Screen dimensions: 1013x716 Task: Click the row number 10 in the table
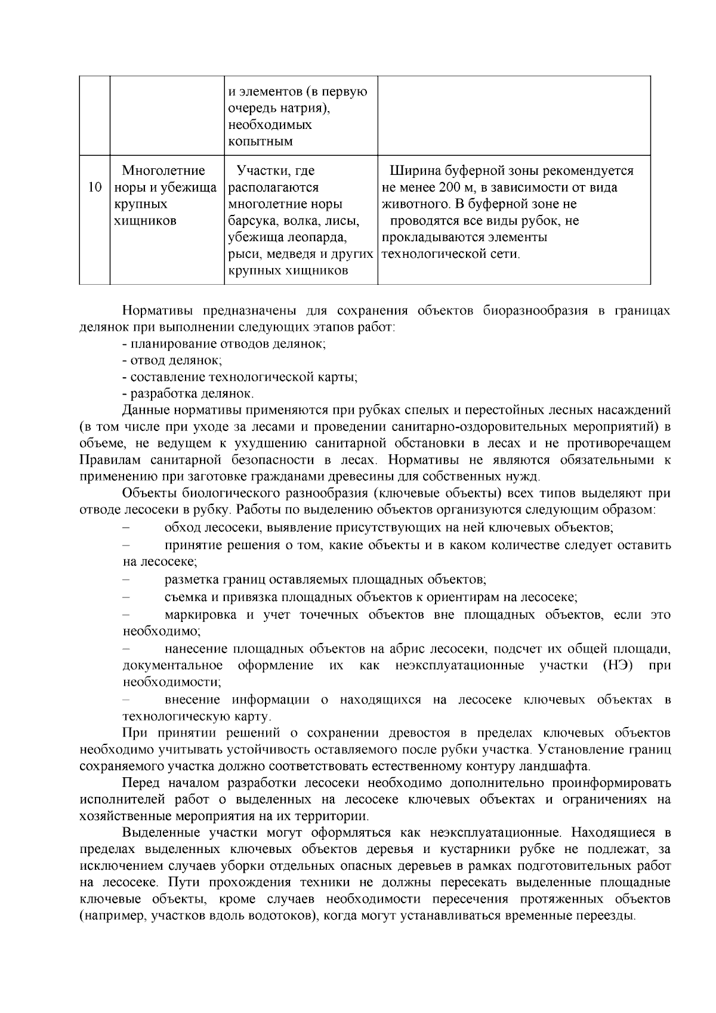tap(94, 187)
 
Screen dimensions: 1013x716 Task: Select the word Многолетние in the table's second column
tap(163, 171)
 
